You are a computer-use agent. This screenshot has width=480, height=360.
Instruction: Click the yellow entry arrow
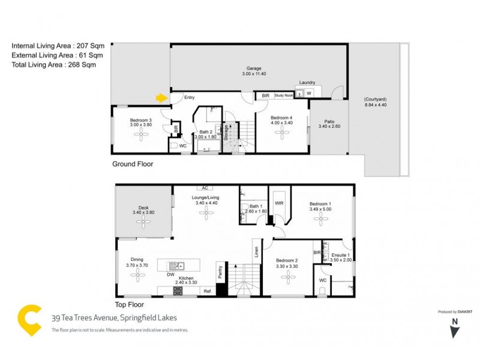tap(160, 97)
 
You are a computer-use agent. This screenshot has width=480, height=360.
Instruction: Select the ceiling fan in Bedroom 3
tap(142, 136)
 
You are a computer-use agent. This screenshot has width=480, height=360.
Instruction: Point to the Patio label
tap(329, 120)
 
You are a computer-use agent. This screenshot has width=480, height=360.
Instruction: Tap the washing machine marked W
tap(309, 94)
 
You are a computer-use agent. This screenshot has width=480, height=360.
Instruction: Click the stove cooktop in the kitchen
tap(178, 291)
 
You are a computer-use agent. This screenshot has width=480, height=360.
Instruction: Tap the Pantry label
tap(220, 272)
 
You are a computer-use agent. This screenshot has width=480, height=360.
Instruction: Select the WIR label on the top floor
tap(279, 203)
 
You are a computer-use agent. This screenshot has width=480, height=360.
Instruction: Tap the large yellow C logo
tap(29, 320)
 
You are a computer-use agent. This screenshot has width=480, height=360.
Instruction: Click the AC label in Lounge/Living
tap(205, 188)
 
